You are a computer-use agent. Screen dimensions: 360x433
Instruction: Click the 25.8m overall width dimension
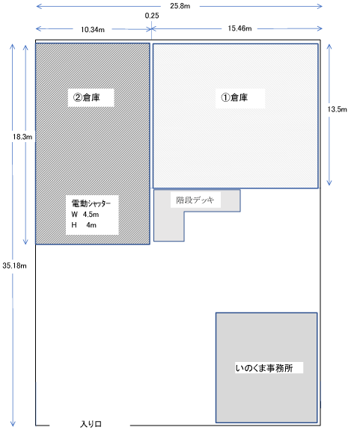point(180,6)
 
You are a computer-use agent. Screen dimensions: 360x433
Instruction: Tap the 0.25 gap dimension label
point(152,16)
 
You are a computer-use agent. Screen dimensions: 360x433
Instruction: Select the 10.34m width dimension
point(93,30)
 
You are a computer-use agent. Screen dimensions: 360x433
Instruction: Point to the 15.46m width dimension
point(240,28)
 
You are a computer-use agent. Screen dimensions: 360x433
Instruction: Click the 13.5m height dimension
point(337,109)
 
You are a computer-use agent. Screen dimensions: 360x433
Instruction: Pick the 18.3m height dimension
point(22,136)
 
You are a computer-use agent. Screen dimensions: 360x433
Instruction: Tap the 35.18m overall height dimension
point(14,265)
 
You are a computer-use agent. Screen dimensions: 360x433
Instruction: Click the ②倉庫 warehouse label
point(87,97)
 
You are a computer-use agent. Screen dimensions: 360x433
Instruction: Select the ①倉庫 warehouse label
point(234,97)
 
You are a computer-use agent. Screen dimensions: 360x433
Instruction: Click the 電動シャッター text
point(91,203)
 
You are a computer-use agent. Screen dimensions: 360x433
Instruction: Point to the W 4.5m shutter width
point(85,215)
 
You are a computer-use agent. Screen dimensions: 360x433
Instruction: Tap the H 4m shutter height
point(84,225)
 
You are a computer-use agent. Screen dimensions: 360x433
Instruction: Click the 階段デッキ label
point(195,200)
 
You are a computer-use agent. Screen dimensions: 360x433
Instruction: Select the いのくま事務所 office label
point(264,368)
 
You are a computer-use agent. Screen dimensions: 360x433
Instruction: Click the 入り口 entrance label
point(91,424)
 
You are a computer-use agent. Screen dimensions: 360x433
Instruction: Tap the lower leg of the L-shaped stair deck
point(169,227)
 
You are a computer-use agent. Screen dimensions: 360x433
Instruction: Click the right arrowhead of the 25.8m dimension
point(320,6)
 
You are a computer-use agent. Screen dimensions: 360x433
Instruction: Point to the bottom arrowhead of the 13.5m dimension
point(329,183)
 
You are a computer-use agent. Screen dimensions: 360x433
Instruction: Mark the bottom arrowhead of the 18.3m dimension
point(25,242)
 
